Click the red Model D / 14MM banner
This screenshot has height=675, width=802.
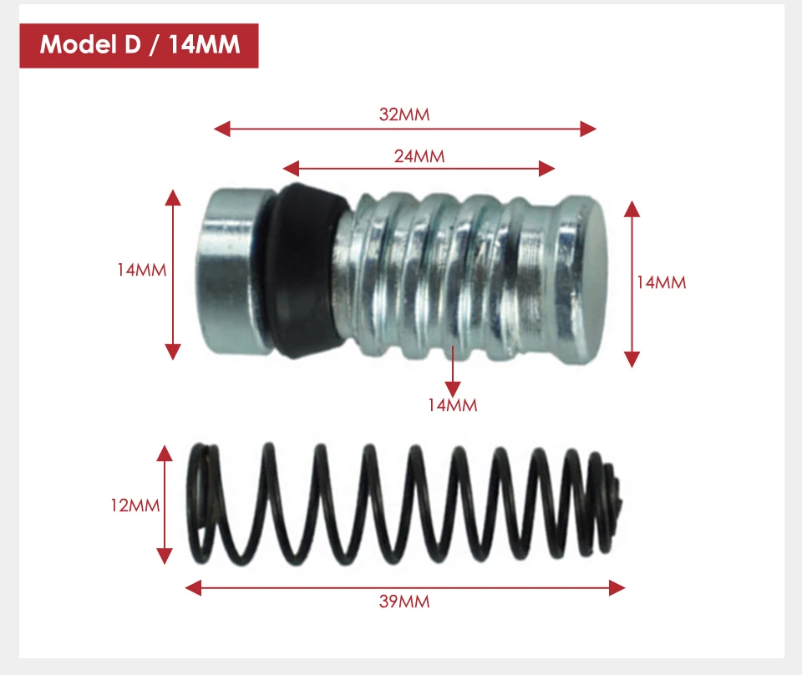(x=139, y=45)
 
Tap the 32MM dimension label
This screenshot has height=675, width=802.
(x=404, y=114)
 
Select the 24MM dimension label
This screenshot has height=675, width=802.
(x=419, y=156)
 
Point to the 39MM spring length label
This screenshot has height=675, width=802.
(x=404, y=601)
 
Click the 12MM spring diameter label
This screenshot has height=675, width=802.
(x=135, y=505)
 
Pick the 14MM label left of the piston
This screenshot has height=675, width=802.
(x=142, y=270)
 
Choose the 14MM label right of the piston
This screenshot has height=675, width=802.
(x=661, y=282)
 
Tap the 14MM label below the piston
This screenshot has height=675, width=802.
(x=452, y=405)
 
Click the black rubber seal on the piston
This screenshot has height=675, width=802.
(x=305, y=270)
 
